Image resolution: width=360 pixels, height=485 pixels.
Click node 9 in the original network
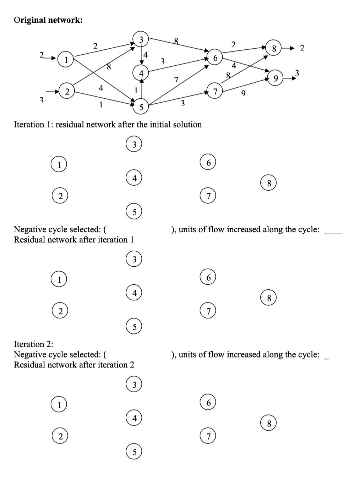276,78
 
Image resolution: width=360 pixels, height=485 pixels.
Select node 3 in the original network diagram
141,39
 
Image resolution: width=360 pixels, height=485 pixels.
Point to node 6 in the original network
215,58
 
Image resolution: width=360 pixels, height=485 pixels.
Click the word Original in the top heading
30,20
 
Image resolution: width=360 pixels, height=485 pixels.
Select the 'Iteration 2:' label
33,344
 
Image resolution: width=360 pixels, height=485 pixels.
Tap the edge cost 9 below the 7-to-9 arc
243,94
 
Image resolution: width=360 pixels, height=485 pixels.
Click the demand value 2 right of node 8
302,48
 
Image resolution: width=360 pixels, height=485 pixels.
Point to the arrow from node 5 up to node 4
141,89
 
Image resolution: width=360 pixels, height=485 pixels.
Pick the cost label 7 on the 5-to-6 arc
176,79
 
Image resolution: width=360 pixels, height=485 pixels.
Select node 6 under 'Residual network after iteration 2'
209,403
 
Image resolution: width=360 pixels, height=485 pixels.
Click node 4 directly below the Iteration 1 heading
134,179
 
